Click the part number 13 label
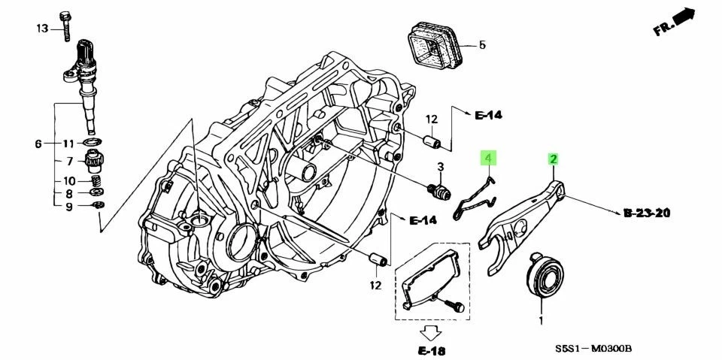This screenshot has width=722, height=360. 42,29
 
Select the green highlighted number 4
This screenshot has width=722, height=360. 487,158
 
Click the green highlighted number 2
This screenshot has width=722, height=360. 553,159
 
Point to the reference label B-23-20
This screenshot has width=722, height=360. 647,213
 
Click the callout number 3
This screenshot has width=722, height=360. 441,166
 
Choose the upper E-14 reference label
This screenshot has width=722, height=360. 488,115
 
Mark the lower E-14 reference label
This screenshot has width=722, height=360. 423,220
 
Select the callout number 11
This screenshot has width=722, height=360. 68,143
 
